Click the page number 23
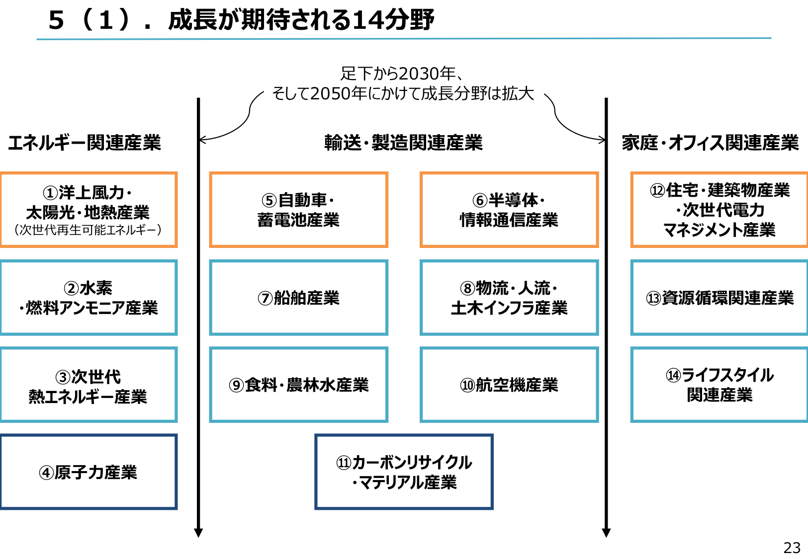(x=792, y=548)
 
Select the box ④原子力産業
(x=89, y=472)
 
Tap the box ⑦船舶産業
(x=298, y=298)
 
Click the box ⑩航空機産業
(x=509, y=385)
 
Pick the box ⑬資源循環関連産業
(x=719, y=298)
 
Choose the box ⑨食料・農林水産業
(x=298, y=385)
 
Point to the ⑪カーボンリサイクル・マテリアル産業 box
(x=404, y=472)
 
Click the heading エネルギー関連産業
(x=85, y=143)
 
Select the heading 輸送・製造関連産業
(x=403, y=143)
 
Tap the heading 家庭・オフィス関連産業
(x=710, y=143)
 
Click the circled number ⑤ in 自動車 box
(x=269, y=200)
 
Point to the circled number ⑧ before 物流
(x=467, y=288)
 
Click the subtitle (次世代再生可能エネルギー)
(x=88, y=230)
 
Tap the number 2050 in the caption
(x=330, y=93)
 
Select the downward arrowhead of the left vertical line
(x=198, y=533)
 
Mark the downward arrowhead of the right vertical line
(x=606, y=533)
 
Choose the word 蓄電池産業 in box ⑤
(x=298, y=220)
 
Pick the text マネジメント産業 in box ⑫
(x=719, y=230)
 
